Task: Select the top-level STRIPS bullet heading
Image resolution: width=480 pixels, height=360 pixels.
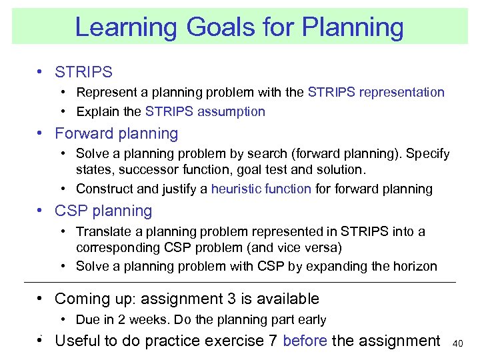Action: point(83,72)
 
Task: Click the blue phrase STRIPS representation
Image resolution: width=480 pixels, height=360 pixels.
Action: point(376,92)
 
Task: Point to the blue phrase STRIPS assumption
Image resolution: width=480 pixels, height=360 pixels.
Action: point(205,112)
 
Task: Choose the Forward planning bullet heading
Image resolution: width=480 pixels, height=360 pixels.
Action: point(117,133)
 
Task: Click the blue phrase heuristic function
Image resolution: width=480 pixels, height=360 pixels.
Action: point(261,189)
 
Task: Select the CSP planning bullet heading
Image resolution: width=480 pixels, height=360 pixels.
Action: point(103,211)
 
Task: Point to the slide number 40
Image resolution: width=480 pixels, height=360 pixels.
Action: point(457,343)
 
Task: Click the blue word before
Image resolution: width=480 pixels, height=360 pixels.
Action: point(305,341)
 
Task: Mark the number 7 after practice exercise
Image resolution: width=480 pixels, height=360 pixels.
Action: point(273,341)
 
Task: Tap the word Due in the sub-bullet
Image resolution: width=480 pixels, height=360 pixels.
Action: point(87,320)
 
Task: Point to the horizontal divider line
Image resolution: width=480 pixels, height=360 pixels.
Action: point(240,283)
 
